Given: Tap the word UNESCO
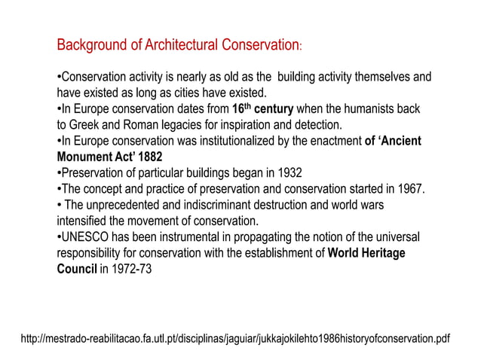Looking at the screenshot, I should pos(85,237).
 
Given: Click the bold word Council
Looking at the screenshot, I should pos(77,269).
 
